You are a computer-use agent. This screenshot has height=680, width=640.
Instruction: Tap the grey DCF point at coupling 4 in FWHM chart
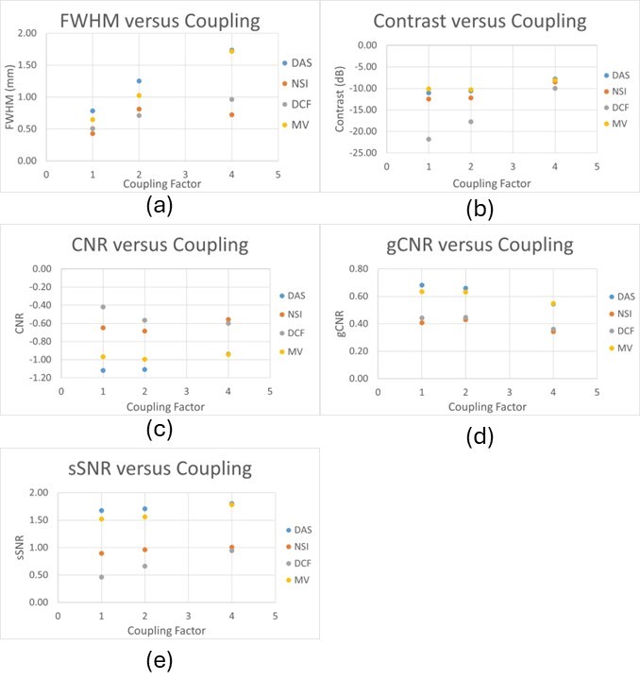[x=231, y=99]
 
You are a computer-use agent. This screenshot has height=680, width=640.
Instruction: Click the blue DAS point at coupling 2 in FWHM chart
[x=139, y=81]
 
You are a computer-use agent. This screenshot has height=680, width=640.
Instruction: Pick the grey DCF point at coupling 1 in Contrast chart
[x=429, y=139]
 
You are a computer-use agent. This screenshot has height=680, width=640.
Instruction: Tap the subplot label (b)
[x=481, y=205]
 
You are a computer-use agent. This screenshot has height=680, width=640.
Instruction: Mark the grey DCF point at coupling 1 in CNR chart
[x=103, y=307]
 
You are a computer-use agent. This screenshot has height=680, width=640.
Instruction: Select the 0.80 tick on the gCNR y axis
[x=355, y=269]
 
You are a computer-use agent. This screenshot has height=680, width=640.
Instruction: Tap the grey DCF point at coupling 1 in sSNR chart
[x=101, y=576]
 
